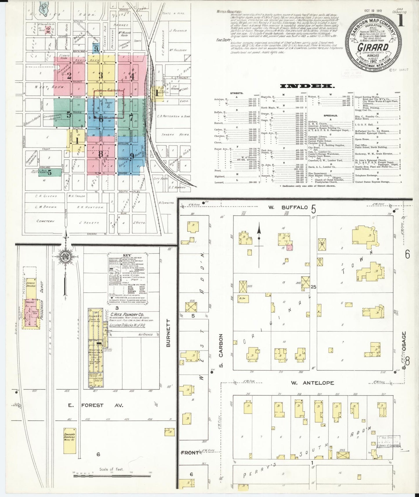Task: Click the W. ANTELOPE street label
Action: [x=310, y=383]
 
